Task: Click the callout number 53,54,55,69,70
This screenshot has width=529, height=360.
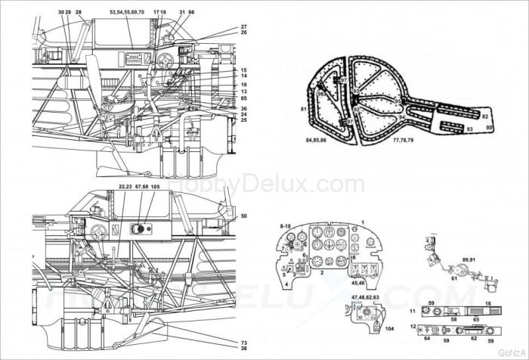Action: pyautogui.click(x=126, y=13)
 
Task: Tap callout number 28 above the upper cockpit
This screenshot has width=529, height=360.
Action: pyautogui.click(x=79, y=13)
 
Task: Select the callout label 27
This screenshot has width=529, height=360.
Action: pyautogui.click(x=244, y=26)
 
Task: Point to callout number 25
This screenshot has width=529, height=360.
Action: pyautogui.click(x=244, y=120)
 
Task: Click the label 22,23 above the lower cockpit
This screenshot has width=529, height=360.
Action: pyautogui.click(x=125, y=187)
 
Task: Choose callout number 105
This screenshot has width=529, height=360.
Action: pyautogui.click(x=155, y=187)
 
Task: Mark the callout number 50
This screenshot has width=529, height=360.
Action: pyautogui.click(x=244, y=216)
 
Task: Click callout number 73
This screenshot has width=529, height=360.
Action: pyautogui.click(x=244, y=343)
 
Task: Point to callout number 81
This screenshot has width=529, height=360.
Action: pyautogui.click(x=302, y=110)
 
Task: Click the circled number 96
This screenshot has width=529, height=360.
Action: pyautogui.click(x=320, y=95)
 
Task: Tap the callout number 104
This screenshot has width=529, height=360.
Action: pyautogui.click(x=390, y=330)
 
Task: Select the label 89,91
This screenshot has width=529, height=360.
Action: pyautogui.click(x=469, y=259)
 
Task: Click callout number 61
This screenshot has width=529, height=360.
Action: pyautogui.click(x=455, y=278)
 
